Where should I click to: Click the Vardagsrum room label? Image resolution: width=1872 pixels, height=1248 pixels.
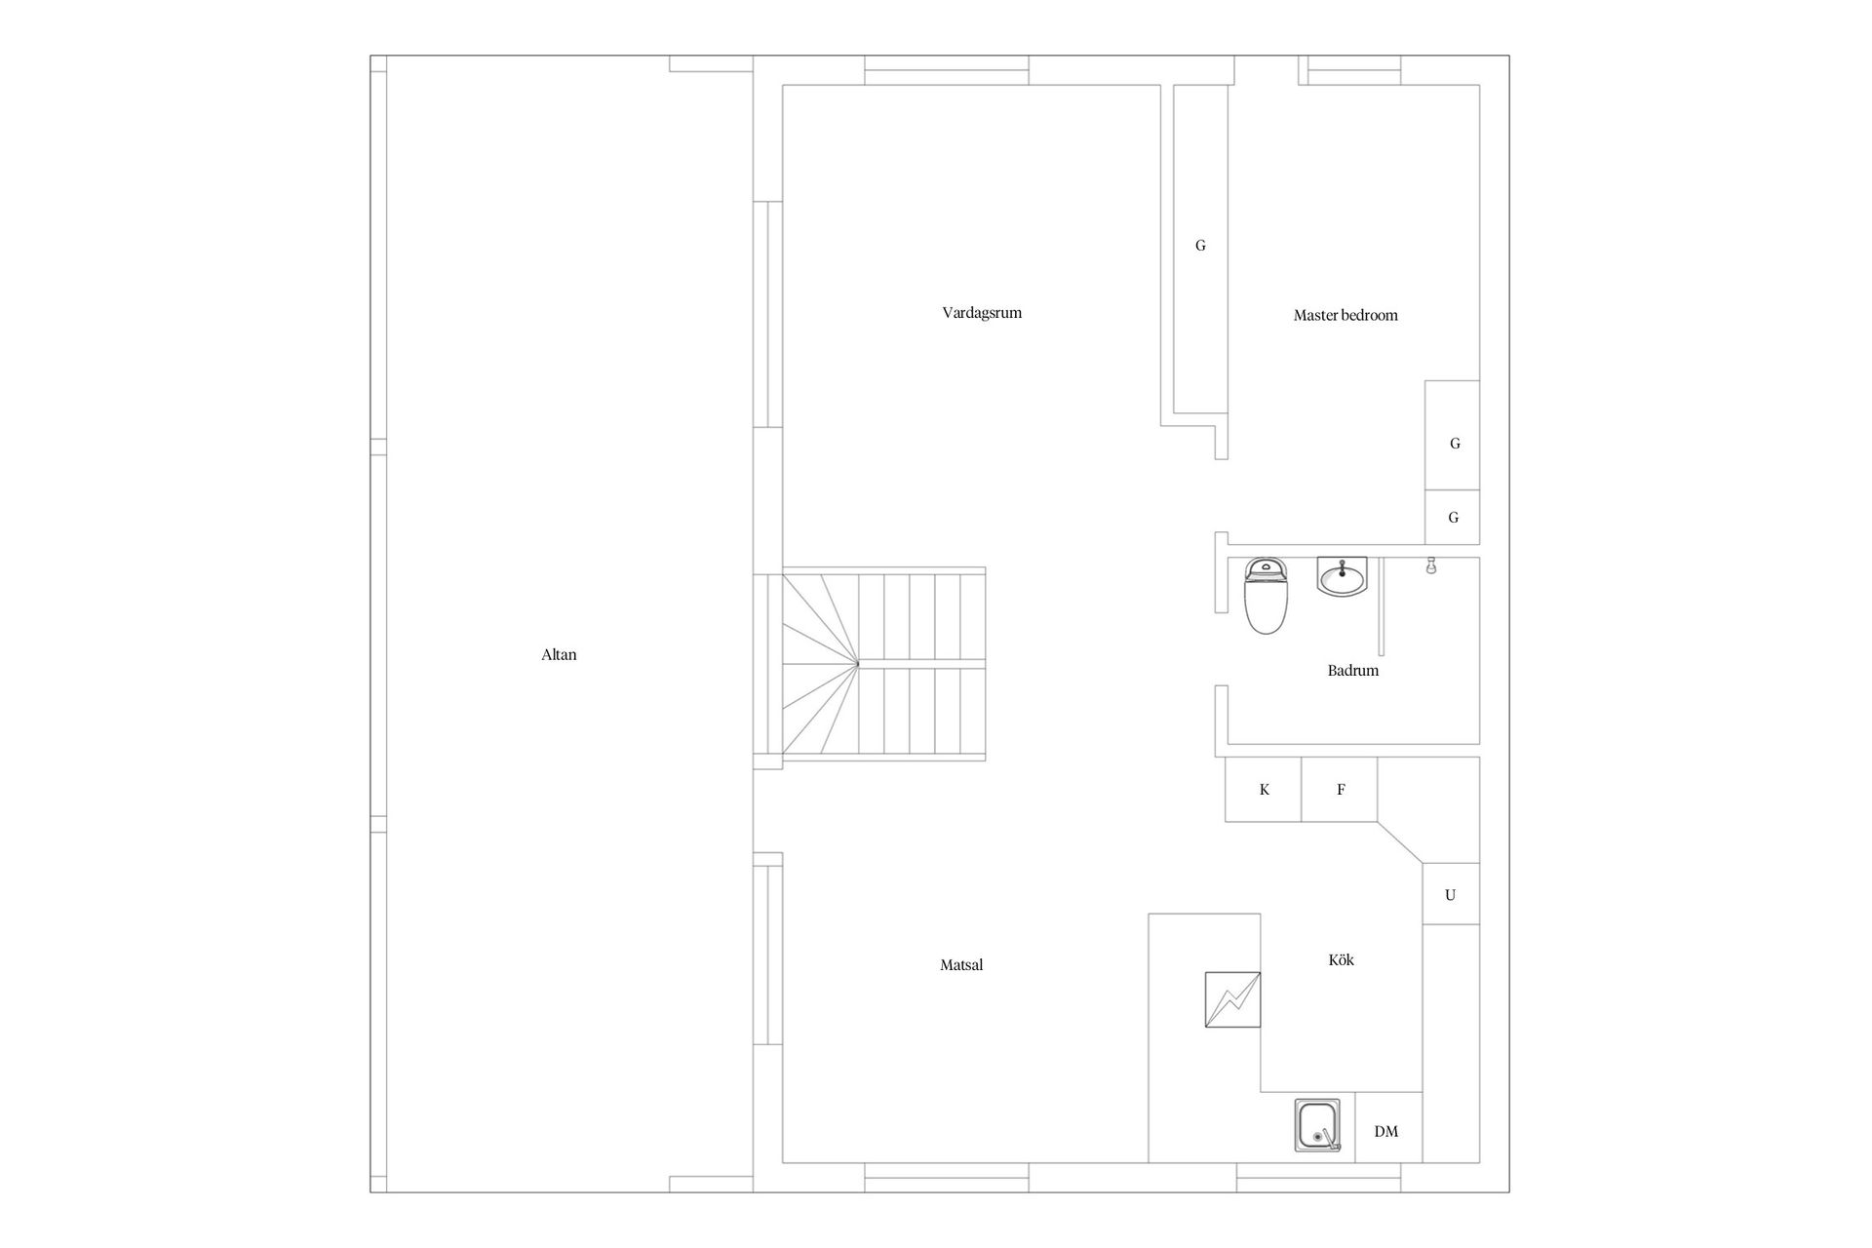982,313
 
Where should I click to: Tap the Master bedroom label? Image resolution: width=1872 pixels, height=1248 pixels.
1345,315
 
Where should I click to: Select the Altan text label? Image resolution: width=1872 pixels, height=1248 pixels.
559,655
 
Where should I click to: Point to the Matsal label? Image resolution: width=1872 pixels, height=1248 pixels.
961,965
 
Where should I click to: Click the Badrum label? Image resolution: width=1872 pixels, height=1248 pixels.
1353,671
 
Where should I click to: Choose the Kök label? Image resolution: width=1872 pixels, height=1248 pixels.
1342,959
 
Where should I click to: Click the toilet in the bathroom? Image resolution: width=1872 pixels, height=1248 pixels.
1265,596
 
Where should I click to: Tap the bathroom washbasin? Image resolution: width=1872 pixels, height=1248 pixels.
1343,576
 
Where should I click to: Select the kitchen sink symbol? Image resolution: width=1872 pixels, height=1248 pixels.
1317,1125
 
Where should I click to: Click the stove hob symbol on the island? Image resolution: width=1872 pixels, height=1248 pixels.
1232,999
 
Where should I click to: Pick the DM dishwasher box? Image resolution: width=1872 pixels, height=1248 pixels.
1387,1127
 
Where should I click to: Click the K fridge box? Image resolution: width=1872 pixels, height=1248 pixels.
1264,790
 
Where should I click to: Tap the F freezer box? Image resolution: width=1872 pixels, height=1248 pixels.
1340,790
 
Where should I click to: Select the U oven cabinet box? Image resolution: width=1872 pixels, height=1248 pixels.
1451,894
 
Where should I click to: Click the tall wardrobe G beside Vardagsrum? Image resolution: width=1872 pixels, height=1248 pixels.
1200,249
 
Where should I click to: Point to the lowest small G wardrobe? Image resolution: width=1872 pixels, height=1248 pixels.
1453,517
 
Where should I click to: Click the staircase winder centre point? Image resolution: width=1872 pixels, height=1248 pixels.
858,665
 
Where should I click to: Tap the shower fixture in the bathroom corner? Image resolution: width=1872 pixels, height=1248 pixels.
1431,565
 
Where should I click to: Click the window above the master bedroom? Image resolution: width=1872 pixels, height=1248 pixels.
1354,71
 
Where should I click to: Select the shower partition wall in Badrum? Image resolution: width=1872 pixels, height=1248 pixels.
1382,606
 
